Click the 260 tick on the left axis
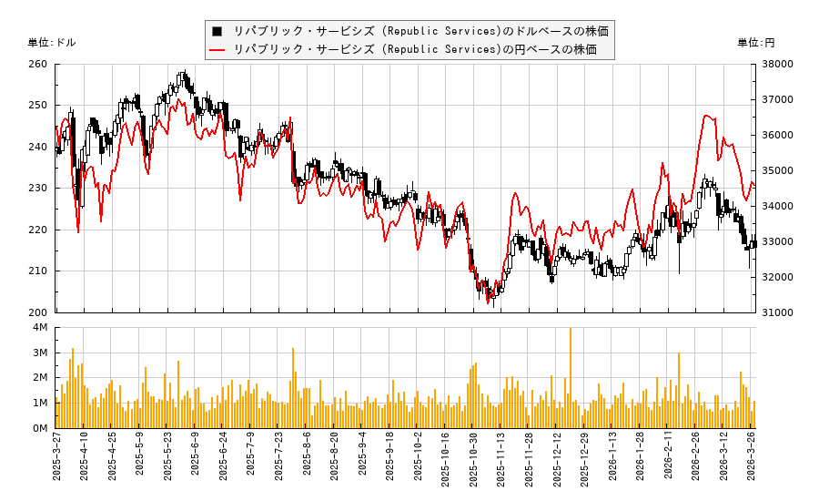click(x=38, y=65)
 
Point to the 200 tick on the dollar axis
click(x=38, y=312)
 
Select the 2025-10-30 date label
click(x=473, y=465)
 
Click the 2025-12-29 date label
click(x=585, y=465)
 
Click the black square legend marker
click(x=217, y=31)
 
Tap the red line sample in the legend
click(x=217, y=49)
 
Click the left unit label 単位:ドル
click(x=52, y=43)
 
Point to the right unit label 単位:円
click(x=755, y=43)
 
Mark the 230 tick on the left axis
click(x=38, y=189)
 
